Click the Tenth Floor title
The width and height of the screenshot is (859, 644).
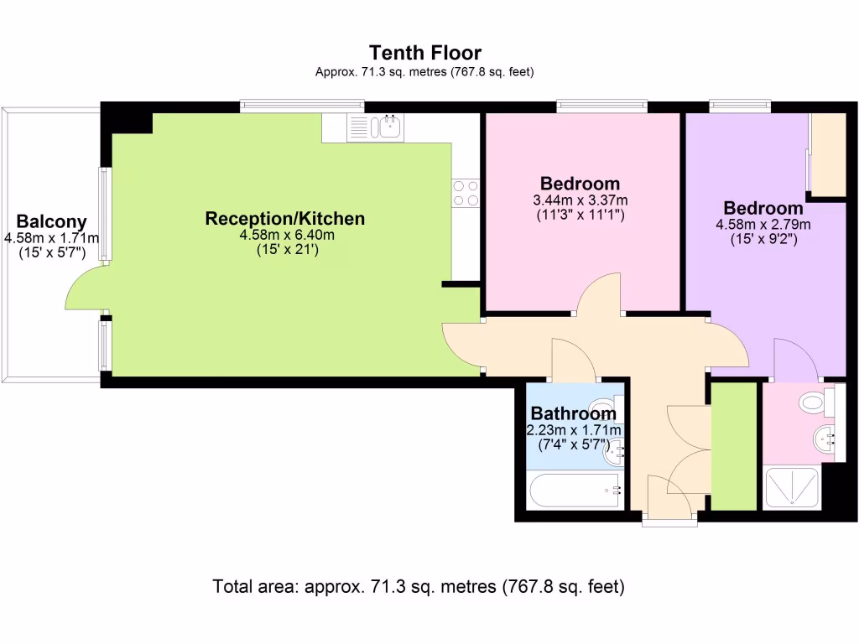tap(425, 54)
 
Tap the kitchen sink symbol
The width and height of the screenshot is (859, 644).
tap(389, 127)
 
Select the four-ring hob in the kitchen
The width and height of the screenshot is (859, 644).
tap(466, 193)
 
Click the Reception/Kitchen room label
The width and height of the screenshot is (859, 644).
tap(285, 219)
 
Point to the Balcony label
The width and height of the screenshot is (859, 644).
tap(51, 222)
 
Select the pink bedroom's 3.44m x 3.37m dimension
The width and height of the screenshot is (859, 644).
tap(580, 200)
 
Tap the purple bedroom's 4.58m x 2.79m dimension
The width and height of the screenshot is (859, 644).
tap(763, 225)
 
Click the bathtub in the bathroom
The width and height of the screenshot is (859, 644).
tap(575, 491)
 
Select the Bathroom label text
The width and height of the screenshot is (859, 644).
tap(573, 413)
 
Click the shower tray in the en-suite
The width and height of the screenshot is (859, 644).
tap(794, 487)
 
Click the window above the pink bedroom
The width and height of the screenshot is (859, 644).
tap(601, 106)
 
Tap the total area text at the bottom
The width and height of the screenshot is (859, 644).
tap(419, 586)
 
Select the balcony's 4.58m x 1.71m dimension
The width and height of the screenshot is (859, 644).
tap(51, 239)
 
